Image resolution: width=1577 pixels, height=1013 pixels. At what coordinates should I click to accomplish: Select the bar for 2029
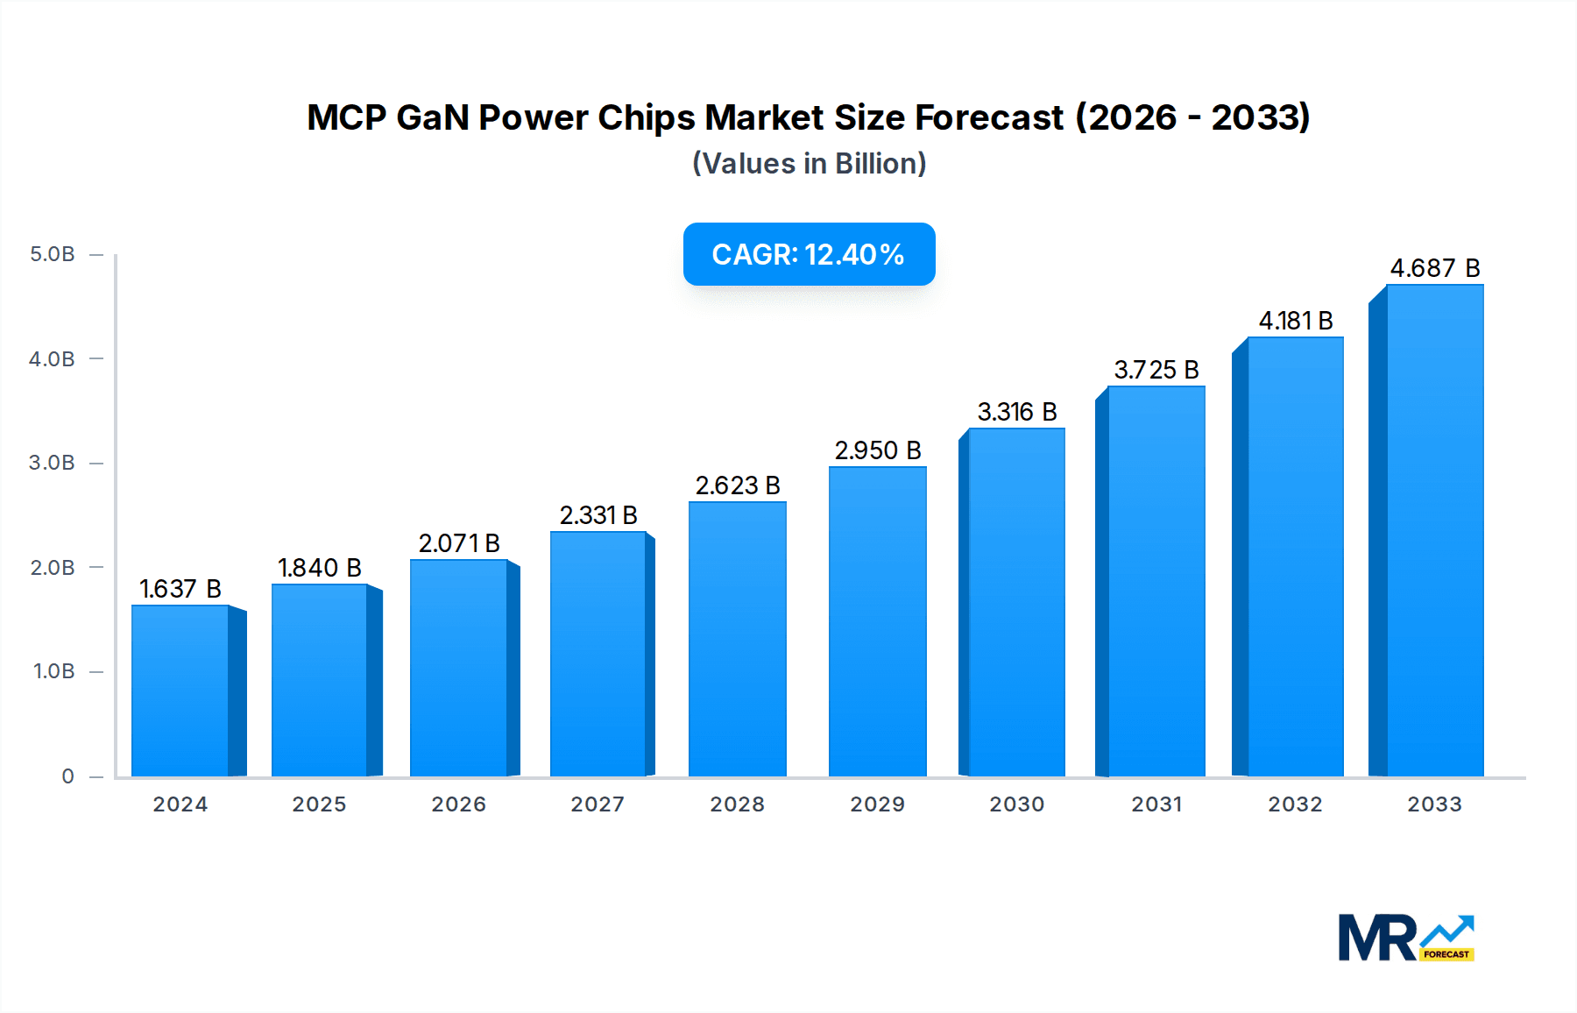(x=877, y=621)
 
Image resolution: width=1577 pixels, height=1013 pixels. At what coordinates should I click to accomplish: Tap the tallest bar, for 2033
(x=1434, y=530)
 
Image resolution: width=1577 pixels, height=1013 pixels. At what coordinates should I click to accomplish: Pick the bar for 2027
(x=598, y=654)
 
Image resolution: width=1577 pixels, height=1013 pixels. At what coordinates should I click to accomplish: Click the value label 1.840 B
(x=320, y=568)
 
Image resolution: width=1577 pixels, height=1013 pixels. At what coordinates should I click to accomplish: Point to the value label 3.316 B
(x=1017, y=412)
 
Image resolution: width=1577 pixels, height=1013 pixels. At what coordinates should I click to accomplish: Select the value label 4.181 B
(x=1296, y=321)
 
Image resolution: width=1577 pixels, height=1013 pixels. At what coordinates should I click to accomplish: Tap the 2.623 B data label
(x=738, y=485)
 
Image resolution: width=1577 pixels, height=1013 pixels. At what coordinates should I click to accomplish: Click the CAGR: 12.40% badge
(x=809, y=254)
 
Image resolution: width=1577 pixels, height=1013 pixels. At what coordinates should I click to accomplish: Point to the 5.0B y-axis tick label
(x=53, y=254)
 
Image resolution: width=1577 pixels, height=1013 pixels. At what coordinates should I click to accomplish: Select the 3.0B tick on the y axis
(x=53, y=463)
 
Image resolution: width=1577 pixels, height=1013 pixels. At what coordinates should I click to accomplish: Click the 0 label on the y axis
(x=67, y=776)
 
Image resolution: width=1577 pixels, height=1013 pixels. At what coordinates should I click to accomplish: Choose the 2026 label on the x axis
(x=458, y=804)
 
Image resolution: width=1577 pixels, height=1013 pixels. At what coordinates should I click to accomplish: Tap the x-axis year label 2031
(x=1156, y=804)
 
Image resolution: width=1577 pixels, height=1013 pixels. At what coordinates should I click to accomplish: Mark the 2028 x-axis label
(x=737, y=804)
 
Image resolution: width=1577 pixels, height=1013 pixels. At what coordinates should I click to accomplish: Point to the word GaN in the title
(x=432, y=117)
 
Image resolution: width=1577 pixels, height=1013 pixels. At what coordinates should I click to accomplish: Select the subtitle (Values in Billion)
(x=809, y=164)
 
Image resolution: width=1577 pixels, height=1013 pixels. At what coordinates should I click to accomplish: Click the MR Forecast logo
(x=1405, y=938)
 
